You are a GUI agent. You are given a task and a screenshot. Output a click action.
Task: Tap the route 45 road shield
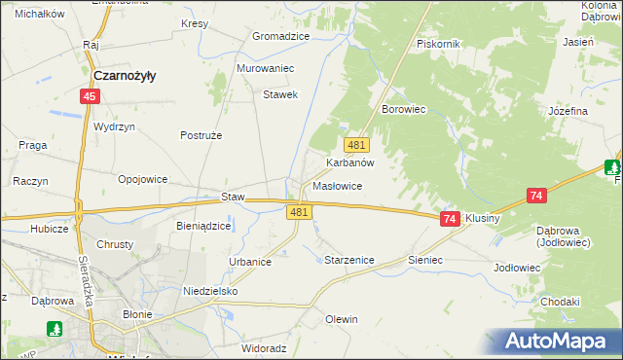point(90,96)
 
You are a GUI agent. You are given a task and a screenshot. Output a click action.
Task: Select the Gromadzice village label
point(280,36)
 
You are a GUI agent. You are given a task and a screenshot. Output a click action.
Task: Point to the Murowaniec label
point(265,69)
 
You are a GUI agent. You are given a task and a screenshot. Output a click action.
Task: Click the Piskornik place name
point(437,44)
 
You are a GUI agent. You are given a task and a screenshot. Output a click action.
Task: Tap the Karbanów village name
point(350,163)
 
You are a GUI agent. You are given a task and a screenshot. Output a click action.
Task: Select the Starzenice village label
point(348,261)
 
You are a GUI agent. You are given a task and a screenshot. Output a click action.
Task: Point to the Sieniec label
point(425,261)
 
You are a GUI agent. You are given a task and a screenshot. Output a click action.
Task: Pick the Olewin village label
point(342,319)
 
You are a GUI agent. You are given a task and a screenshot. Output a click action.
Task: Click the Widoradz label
point(263,347)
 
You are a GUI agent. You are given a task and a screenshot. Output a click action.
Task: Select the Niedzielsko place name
point(210,291)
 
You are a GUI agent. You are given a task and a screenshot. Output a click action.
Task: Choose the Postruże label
point(202,135)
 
